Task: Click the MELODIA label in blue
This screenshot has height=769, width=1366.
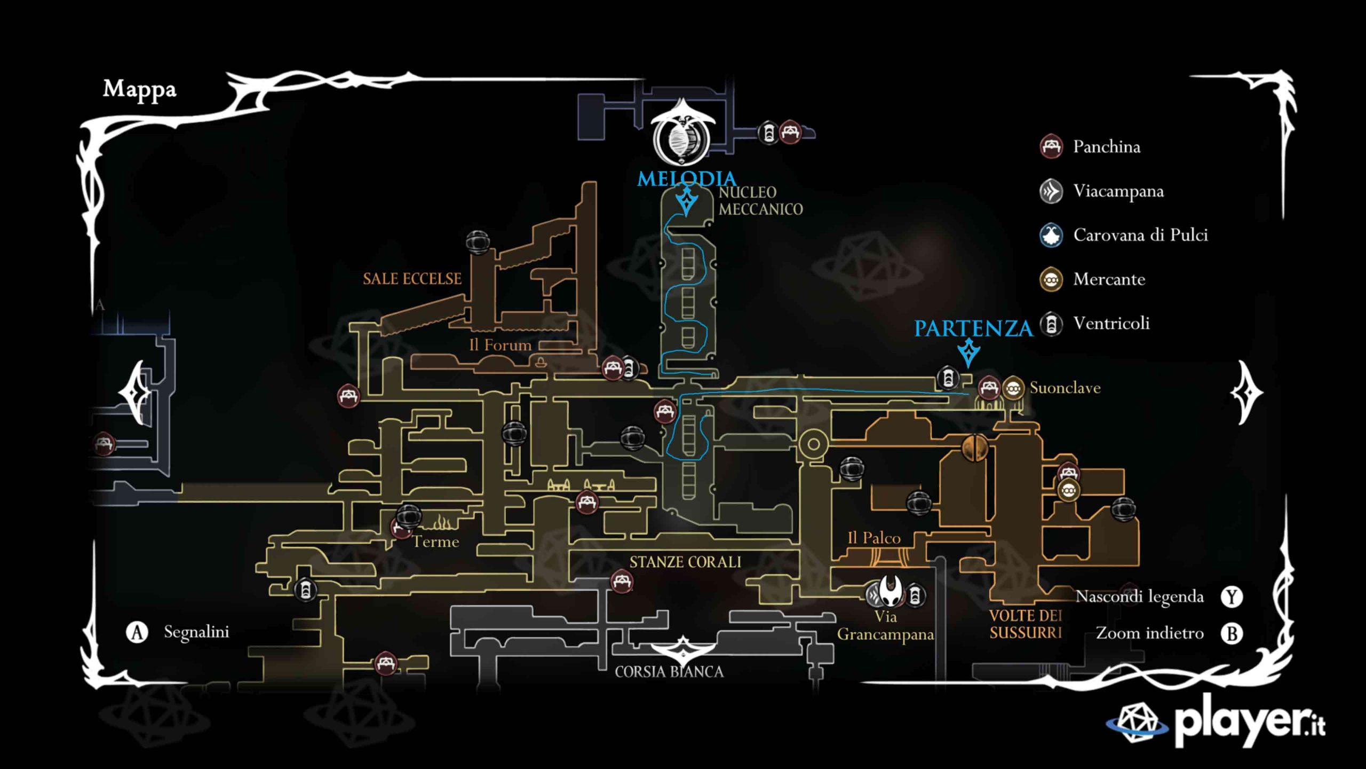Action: click(x=686, y=178)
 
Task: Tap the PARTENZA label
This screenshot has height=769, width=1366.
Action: click(x=973, y=328)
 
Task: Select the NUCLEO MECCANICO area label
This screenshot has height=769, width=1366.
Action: click(x=760, y=201)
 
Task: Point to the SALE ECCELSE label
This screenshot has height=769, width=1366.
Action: click(x=412, y=279)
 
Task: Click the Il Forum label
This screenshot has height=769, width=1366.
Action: click(x=500, y=345)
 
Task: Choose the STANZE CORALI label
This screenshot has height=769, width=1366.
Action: click(x=685, y=562)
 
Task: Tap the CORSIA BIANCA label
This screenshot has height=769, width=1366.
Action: click(x=669, y=672)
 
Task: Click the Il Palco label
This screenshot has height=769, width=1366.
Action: click(x=874, y=538)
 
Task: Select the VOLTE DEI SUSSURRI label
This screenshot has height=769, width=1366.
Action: click(x=1026, y=624)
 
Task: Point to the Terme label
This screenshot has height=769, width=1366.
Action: click(x=436, y=542)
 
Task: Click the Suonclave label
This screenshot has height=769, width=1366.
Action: click(x=1065, y=388)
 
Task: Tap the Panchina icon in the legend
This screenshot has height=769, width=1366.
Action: click(x=1051, y=146)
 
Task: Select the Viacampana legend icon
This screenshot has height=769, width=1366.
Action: click(x=1051, y=191)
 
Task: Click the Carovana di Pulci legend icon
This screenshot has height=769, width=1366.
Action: click(x=1051, y=236)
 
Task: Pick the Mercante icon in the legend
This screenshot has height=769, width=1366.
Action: click(x=1051, y=279)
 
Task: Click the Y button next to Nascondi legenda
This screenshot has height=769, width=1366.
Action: click(x=1232, y=597)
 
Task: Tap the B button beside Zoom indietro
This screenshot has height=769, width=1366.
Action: click(x=1232, y=633)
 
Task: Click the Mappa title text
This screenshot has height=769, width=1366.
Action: click(x=139, y=90)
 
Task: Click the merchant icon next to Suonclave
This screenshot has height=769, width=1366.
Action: click(x=1013, y=388)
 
